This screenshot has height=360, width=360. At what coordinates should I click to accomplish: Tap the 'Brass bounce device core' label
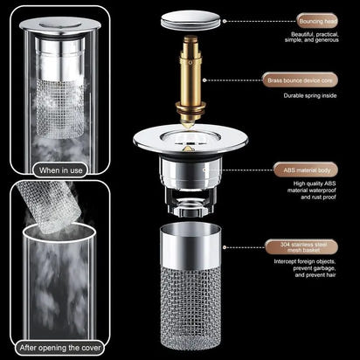(x=300, y=79)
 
